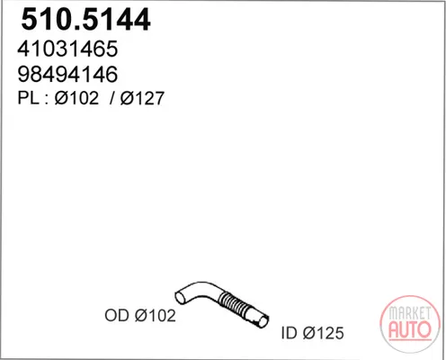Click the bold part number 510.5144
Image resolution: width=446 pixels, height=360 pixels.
click(x=85, y=20)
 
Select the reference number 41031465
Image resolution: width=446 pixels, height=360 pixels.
click(x=67, y=49)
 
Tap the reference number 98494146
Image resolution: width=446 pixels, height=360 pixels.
click(x=67, y=74)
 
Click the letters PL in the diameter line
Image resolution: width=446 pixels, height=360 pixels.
click(x=28, y=98)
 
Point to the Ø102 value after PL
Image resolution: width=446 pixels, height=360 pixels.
click(x=76, y=98)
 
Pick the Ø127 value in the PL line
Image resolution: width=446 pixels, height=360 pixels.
click(x=142, y=98)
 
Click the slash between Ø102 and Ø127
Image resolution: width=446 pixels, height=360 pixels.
click(x=112, y=98)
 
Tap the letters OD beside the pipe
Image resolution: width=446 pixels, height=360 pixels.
click(x=117, y=316)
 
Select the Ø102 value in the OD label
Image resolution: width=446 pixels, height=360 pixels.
click(x=156, y=316)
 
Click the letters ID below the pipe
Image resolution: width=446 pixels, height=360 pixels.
click(x=290, y=333)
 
